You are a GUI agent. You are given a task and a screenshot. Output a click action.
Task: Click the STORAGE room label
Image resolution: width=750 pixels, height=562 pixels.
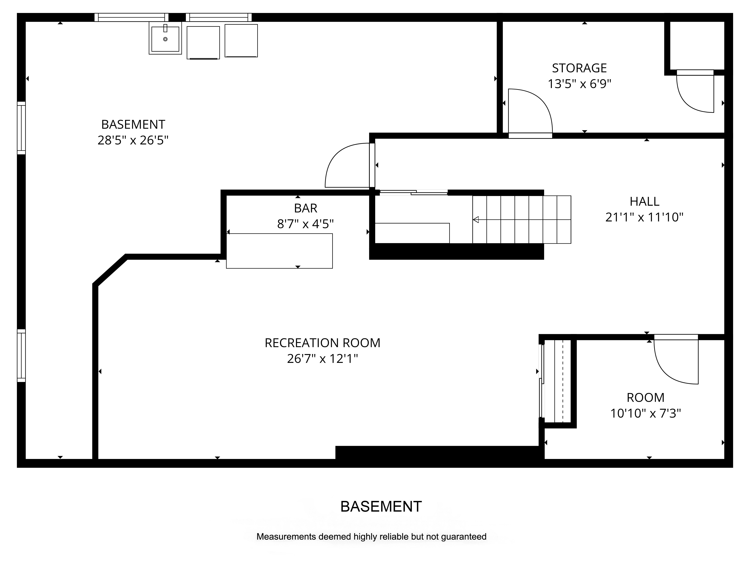click(x=579, y=68)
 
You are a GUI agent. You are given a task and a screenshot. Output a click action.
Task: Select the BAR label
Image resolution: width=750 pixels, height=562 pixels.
click(x=305, y=208)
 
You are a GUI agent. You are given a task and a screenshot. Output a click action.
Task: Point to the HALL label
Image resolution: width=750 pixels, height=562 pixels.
click(x=644, y=202)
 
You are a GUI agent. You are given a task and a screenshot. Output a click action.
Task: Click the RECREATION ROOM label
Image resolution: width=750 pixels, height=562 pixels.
click(x=322, y=343)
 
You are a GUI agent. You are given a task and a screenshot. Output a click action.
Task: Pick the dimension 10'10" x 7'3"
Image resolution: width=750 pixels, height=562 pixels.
click(x=646, y=413)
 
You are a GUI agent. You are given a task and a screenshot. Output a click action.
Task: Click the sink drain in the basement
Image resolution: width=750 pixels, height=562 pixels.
click(x=165, y=39)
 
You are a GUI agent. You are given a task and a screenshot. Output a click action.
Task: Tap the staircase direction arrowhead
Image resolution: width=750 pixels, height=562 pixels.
click(x=476, y=220)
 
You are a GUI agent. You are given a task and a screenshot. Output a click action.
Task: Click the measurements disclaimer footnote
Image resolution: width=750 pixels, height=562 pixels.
click(x=371, y=537)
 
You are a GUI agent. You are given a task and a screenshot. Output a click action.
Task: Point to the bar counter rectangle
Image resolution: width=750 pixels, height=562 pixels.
click(x=279, y=251)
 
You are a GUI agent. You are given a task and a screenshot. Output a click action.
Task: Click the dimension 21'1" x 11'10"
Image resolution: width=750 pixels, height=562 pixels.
click(x=644, y=217)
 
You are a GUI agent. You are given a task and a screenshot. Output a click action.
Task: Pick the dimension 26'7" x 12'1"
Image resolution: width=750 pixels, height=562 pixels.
click(x=322, y=358)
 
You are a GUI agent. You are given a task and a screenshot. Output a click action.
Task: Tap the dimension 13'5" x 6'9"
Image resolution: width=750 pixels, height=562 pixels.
click(x=579, y=84)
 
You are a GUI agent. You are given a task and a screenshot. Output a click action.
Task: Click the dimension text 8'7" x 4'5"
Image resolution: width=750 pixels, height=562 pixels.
click(x=305, y=224)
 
